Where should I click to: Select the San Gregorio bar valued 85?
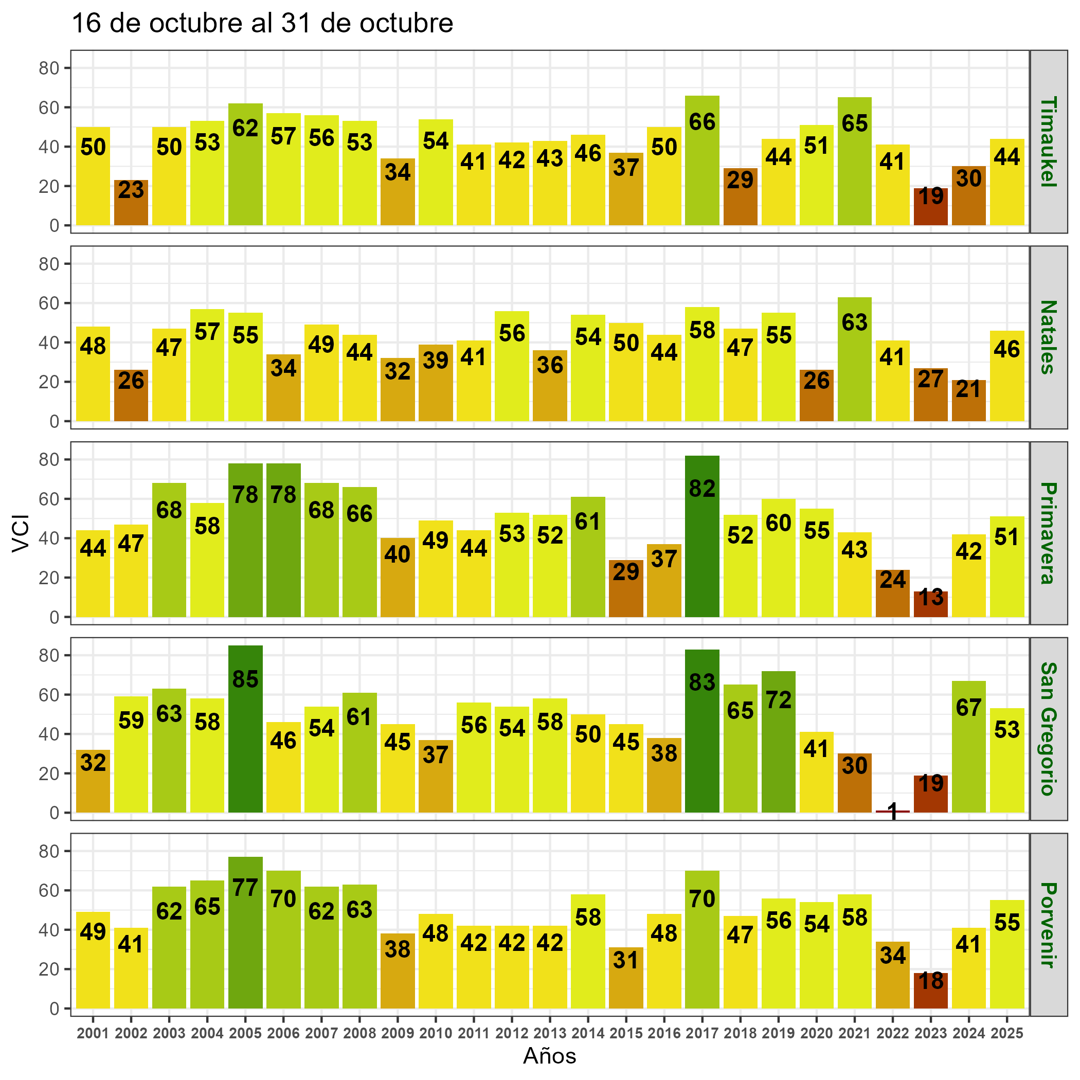pyautogui.click(x=245, y=729)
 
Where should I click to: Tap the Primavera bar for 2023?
pyautogui.click(x=931, y=604)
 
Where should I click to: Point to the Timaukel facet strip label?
pyautogui.click(x=1048, y=141)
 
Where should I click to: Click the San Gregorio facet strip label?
pyautogui.click(x=1048, y=728)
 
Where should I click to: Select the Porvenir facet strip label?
pyautogui.click(x=1048, y=925)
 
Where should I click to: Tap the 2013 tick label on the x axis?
pyautogui.click(x=550, y=1034)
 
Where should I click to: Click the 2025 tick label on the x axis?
pyautogui.click(x=1007, y=1034)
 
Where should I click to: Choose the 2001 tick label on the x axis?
pyautogui.click(x=93, y=1034)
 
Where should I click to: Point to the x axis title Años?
pyautogui.click(x=549, y=1056)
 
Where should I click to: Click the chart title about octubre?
pyautogui.click(x=263, y=24)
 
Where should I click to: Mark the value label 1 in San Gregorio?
pyautogui.click(x=893, y=811)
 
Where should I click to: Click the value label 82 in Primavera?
pyautogui.click(x=702, y=489)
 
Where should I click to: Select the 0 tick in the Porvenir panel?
pyautogui.click(x=54, y=1009)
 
